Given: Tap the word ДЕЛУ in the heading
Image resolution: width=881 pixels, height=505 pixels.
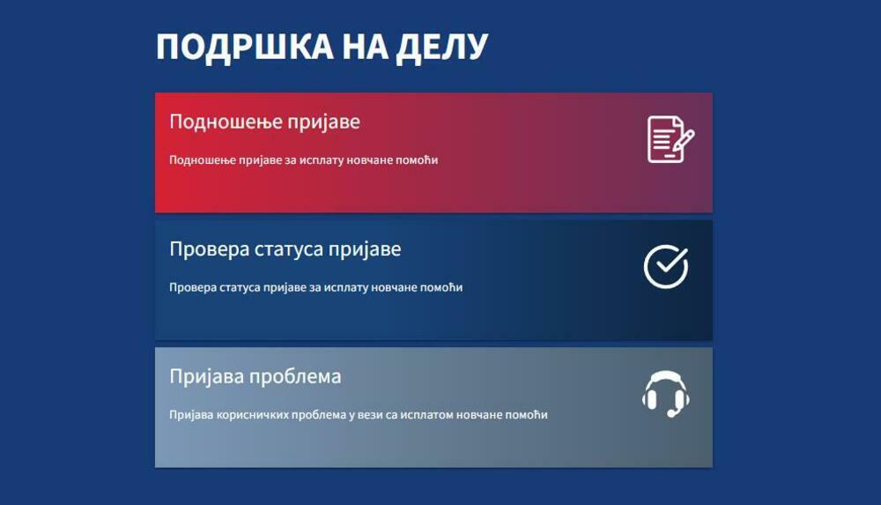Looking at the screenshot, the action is (441, 48).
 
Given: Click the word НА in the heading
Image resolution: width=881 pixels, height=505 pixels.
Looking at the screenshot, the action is (365, 47).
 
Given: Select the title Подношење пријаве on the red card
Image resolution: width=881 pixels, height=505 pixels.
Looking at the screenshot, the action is (264, 122).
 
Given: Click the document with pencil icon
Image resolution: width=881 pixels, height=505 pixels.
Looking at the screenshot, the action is (670, 139).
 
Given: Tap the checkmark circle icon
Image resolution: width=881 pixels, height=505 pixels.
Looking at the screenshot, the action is (666, 266).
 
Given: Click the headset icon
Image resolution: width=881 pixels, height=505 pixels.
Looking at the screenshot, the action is (666, 394).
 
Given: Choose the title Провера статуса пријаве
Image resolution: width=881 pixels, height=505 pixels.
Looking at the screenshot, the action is (285, 249).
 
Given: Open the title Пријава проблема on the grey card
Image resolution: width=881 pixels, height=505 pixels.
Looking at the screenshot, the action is (255, 376).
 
